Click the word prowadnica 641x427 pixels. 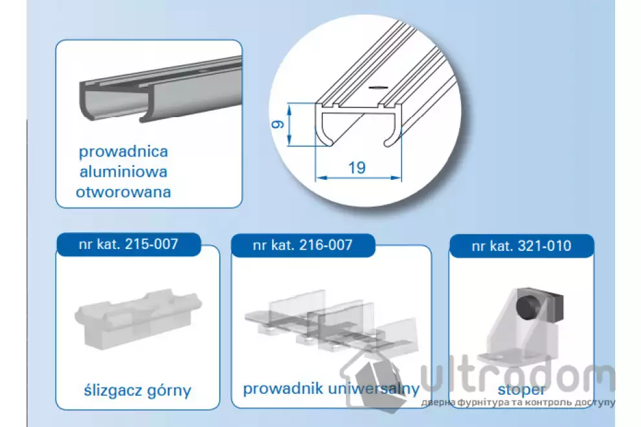pos(124,152)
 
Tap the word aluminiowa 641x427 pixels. pos(124,171)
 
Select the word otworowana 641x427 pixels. pos(124,192)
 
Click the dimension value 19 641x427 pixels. pos(357,168)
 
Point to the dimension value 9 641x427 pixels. pos(278,124)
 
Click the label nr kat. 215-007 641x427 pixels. pos(128,245)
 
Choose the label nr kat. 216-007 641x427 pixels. pos(302,245)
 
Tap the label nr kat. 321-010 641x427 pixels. pos(521,246)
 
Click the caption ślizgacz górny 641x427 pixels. pos(137,391)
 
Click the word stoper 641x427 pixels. pos(522,390)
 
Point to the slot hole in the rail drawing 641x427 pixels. pos(378,87)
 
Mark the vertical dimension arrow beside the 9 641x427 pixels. pos(289,124)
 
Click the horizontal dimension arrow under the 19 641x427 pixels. pos(359,177)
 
